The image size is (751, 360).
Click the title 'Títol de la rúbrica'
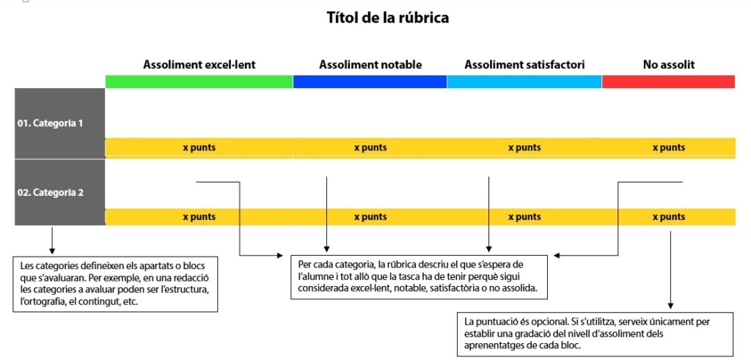point(388,18)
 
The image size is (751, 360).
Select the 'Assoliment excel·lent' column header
point(199,65)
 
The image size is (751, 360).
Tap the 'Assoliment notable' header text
point(370,65)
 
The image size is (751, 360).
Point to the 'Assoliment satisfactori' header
point(524,65)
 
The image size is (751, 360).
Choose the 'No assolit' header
point(669,65)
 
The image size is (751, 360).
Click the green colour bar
point(199,81)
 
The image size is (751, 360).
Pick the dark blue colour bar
point(370,81)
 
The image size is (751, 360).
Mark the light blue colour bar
point(524,81)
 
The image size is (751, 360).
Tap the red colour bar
point(669,81)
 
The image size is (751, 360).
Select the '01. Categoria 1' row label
point(51,123)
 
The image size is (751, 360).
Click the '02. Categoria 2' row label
point(51,192)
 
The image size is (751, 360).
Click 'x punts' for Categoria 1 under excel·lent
point(199,147)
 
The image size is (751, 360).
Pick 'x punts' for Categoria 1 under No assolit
point(669,147)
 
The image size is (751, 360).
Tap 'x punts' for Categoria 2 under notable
point(370,217)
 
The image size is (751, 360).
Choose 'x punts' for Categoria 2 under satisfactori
point(524,217)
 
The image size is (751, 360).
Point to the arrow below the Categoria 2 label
point(52,240)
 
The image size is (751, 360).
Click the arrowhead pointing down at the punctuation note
point(670,306)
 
